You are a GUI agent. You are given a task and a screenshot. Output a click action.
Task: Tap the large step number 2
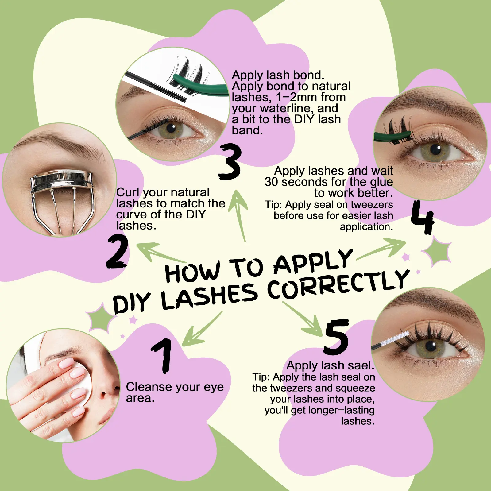(x=117, y=252)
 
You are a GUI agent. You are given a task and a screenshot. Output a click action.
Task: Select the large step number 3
(x=230, y=162)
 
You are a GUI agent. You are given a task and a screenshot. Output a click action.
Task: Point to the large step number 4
(x=423, y=217)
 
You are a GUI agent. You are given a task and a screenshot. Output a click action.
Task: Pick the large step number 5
(x=336, y=337)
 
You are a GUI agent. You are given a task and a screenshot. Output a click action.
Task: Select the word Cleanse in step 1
(x=148, y=387)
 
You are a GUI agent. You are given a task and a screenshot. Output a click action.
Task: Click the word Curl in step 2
(x=127, y=192)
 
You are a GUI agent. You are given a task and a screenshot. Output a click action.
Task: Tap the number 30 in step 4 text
(x=271, y=182)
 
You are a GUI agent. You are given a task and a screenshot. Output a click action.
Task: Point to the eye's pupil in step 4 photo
(x=435, y=150)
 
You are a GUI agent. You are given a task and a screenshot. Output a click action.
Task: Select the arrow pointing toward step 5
(x=302, y=319)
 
